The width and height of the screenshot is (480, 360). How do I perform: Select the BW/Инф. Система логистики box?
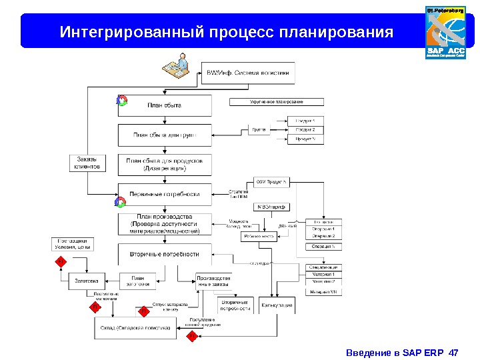tap(247, 73)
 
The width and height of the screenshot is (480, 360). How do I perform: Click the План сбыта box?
tap(165, 105)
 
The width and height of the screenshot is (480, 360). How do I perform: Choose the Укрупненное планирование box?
tap(277, 102)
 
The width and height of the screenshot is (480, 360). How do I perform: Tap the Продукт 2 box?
tap(305, 129)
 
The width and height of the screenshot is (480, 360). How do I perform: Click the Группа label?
tap(259, 129)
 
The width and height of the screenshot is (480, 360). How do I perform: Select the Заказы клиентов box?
tap(87, 163)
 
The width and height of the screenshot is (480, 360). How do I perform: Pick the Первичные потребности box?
tap(165, 194)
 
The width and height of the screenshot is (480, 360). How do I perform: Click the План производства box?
tap(165, 224)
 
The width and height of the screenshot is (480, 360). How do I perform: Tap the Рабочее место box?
tap(260, 236)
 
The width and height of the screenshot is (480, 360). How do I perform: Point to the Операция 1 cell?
tap(323, 229)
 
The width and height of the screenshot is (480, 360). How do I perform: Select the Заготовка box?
tap(87, 281)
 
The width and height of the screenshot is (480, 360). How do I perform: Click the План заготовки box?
tap(137, 281)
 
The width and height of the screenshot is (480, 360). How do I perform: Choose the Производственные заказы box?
tap(214, 281)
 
